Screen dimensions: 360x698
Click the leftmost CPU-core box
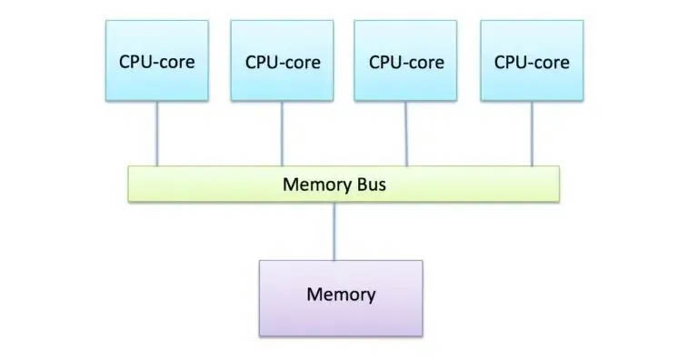click(157, 61)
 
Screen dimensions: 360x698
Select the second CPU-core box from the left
click(282, 61)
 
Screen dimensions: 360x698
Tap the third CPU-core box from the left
click(405, 61)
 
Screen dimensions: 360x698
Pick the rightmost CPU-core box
click(532, 61)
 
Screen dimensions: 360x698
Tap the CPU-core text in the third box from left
click(406, 63)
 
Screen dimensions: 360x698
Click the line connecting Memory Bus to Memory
click(335, 231)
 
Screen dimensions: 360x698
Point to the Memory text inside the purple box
click(341, 295)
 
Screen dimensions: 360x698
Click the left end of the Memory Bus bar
click(135, 185)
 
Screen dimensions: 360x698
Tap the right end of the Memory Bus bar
click(553, 185)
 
